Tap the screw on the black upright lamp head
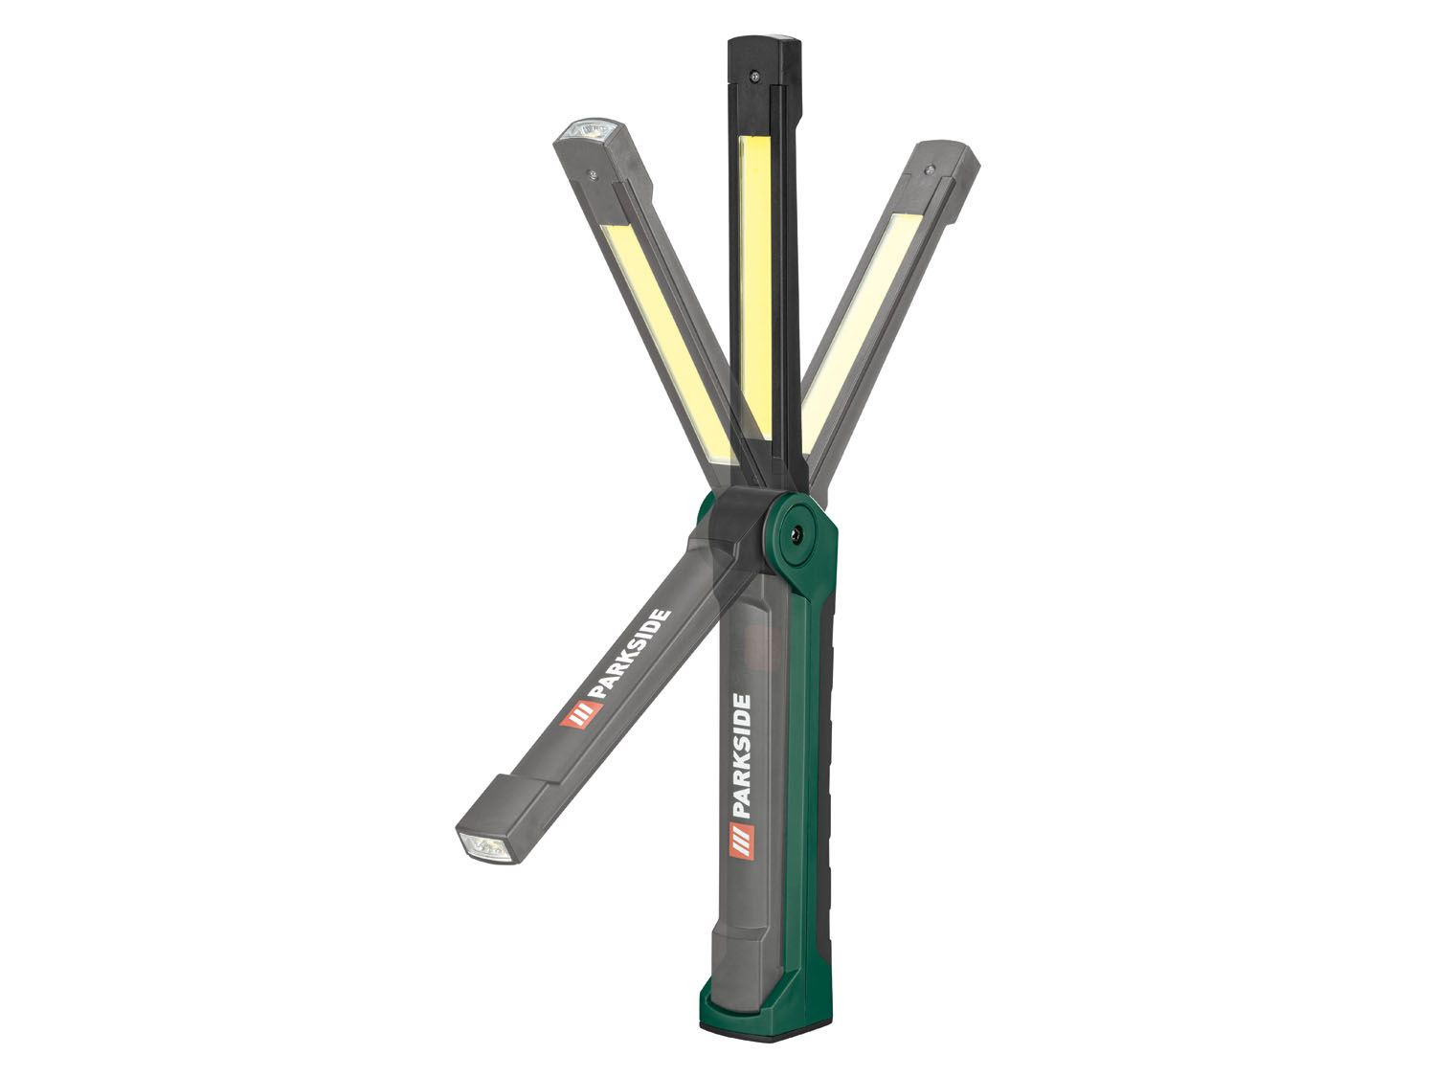[x=755, y=76]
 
